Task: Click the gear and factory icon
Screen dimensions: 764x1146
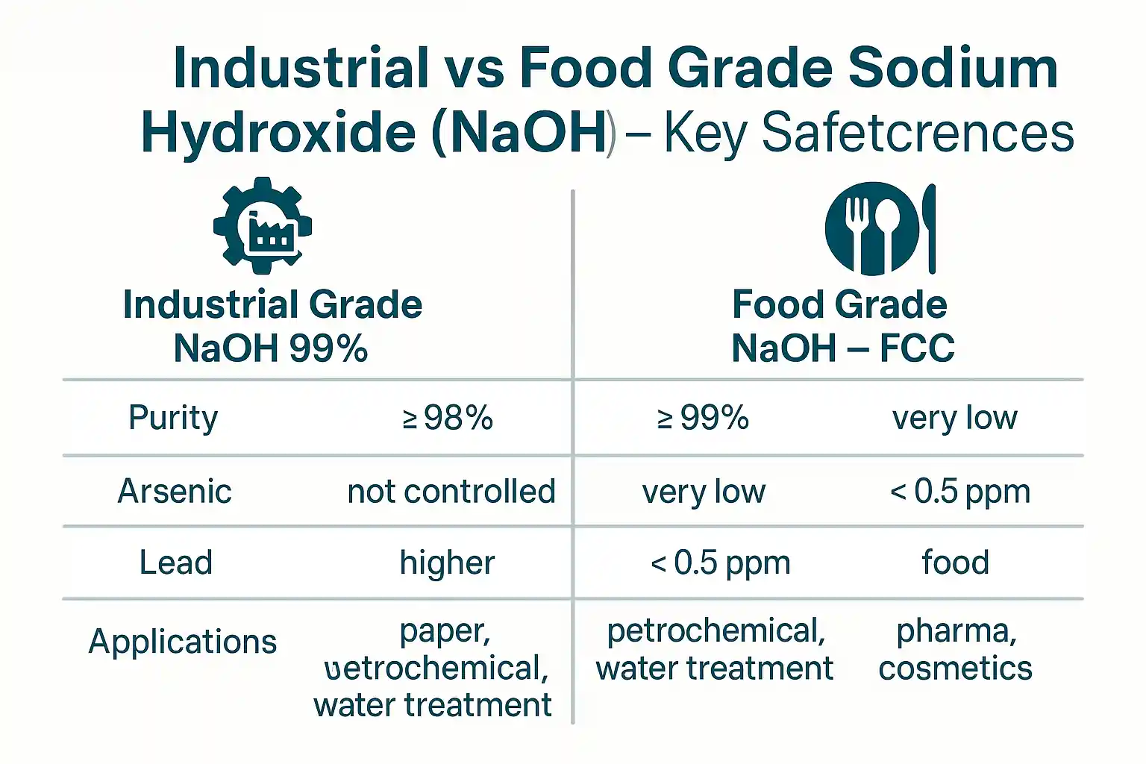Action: [x=262, y=225]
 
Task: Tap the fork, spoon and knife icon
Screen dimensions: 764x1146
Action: [x=880, y=228]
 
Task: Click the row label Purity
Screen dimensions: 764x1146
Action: [x=173, y=418]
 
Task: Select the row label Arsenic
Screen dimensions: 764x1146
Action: [x=175, y=492]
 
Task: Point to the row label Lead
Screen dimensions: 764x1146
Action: [x=176, y=563]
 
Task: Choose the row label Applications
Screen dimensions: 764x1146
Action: [x=183, y=642]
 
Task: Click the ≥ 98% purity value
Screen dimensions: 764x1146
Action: [x=448, y=419]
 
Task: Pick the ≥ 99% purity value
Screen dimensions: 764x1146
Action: [x=703, y=419]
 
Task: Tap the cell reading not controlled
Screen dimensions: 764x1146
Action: [x=451, y=492]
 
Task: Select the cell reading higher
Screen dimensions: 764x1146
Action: [x=447, y=563]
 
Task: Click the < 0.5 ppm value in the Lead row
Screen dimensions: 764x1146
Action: [x=720, y=563]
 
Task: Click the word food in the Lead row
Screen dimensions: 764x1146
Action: [x=956, y=563]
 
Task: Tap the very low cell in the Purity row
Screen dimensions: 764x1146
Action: [x=954, y=419]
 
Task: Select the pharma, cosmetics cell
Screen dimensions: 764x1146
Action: [x=956, y=649]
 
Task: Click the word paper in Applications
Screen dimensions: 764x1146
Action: [x=445, y=631]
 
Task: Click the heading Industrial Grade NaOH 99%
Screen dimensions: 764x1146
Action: [x=272, y=326]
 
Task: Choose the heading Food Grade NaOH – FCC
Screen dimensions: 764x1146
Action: [x=841, y=326]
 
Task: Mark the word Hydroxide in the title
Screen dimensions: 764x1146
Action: [x=278, y=133]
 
